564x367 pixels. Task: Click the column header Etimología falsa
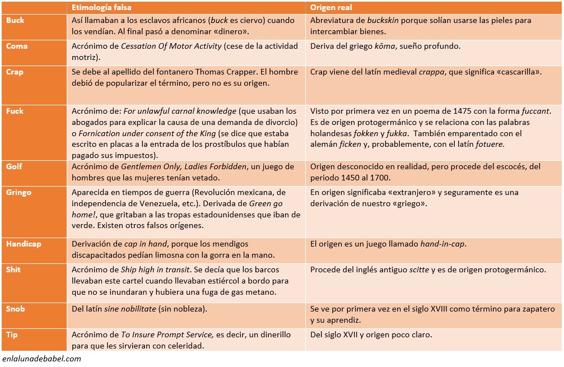tap(98, 7)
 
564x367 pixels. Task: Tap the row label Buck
tap(15, 20)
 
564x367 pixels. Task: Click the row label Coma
tap(17, 46)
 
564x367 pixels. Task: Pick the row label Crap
tap(15, 72)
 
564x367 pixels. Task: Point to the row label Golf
tap(15, 166)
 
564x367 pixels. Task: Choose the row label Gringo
tap(18, 192)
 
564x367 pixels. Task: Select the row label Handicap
tap(24, 244)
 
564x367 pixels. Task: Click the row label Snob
tap(16, 309)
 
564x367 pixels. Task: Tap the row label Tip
tap(12, 335)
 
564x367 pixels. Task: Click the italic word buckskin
tap(385, 20)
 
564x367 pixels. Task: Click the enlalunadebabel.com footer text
tap(41, 359)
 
